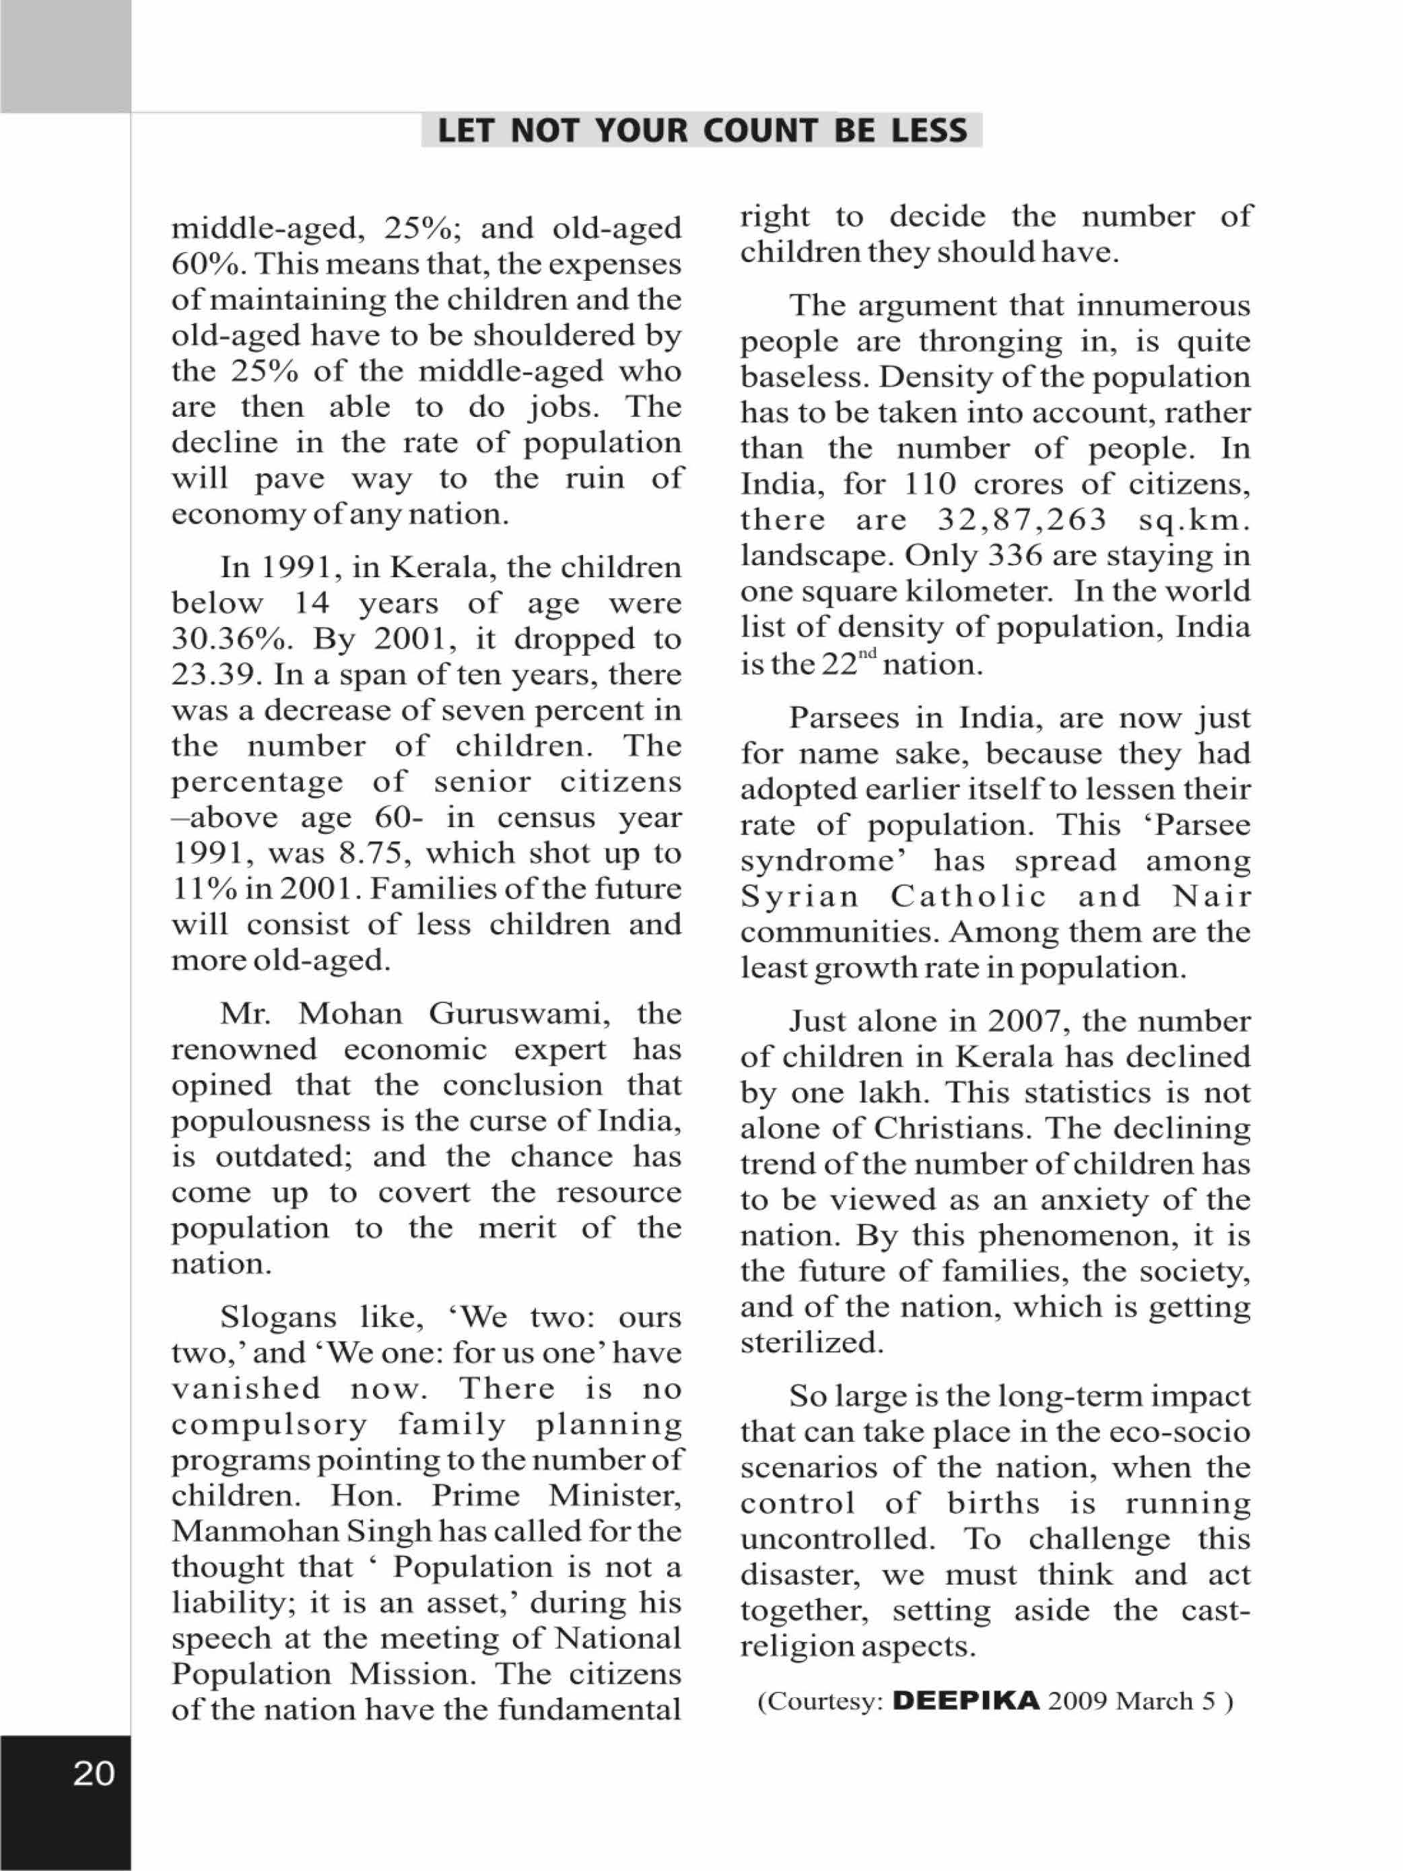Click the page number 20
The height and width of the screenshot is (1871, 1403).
[94, 1773]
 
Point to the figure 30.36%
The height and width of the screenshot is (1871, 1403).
[228, 638]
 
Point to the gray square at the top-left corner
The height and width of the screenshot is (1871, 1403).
[65, 56]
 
